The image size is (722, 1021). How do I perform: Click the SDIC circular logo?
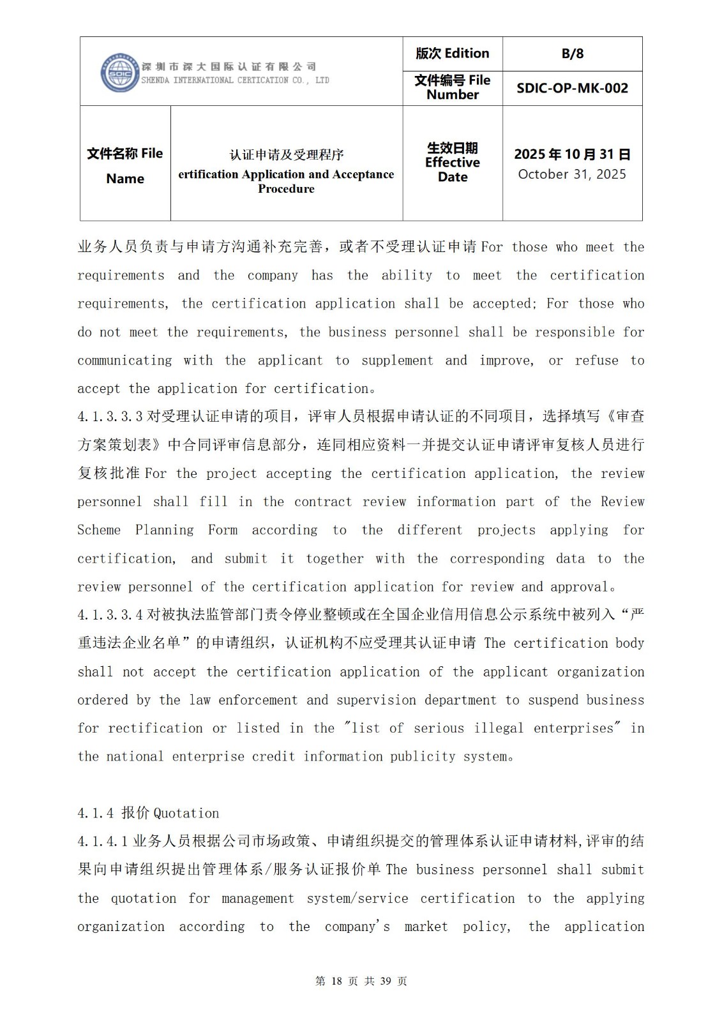pos(120,73)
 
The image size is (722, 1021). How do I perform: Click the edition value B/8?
pos(572,54)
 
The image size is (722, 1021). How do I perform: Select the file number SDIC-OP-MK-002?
pos(572,88)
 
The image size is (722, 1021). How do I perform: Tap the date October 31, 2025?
pos(572,174)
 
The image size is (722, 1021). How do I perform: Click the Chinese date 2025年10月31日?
pos(572,154)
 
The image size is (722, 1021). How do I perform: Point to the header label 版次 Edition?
pos(452,54)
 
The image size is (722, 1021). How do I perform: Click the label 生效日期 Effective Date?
pos(452,162)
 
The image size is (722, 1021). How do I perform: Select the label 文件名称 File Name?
pos(125,165)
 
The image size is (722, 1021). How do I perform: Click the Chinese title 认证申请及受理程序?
pos(287,155)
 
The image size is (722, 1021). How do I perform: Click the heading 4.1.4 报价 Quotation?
pos(148,813)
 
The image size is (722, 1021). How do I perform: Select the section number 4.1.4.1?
pos(103,841)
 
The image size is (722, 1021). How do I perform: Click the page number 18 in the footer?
pos(337,981)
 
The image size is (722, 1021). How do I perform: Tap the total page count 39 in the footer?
pos(385,981)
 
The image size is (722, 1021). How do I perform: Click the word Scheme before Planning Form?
pos(99,530)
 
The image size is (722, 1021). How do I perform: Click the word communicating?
pos(124,361)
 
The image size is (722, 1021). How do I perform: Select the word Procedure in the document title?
pos(286,189)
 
